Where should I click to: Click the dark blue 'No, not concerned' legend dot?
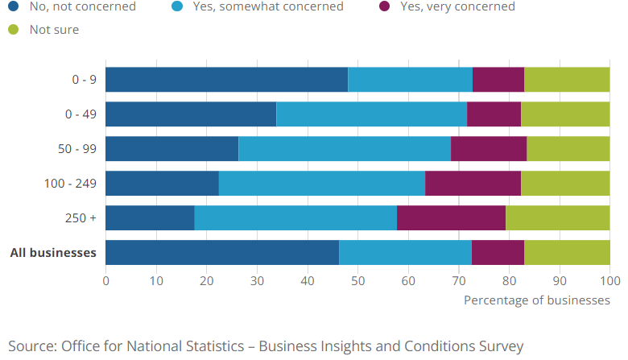13,6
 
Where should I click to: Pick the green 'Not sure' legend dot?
13,30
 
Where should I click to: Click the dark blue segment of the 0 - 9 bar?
226,80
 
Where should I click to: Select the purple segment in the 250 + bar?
451,218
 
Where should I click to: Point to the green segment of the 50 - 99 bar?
568,149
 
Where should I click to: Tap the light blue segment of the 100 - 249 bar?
322,184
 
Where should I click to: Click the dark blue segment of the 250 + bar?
150,218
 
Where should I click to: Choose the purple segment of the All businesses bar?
498,253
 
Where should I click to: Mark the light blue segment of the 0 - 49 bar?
371,114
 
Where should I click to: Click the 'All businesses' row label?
53,253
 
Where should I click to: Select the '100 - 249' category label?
70,184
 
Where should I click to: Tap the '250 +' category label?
81,218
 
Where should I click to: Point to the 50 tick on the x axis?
357,280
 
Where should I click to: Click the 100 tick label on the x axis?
609,280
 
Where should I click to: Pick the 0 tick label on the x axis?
105,280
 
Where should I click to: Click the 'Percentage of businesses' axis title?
537,300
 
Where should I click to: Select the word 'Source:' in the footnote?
31,346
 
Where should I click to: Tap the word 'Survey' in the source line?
500,346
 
